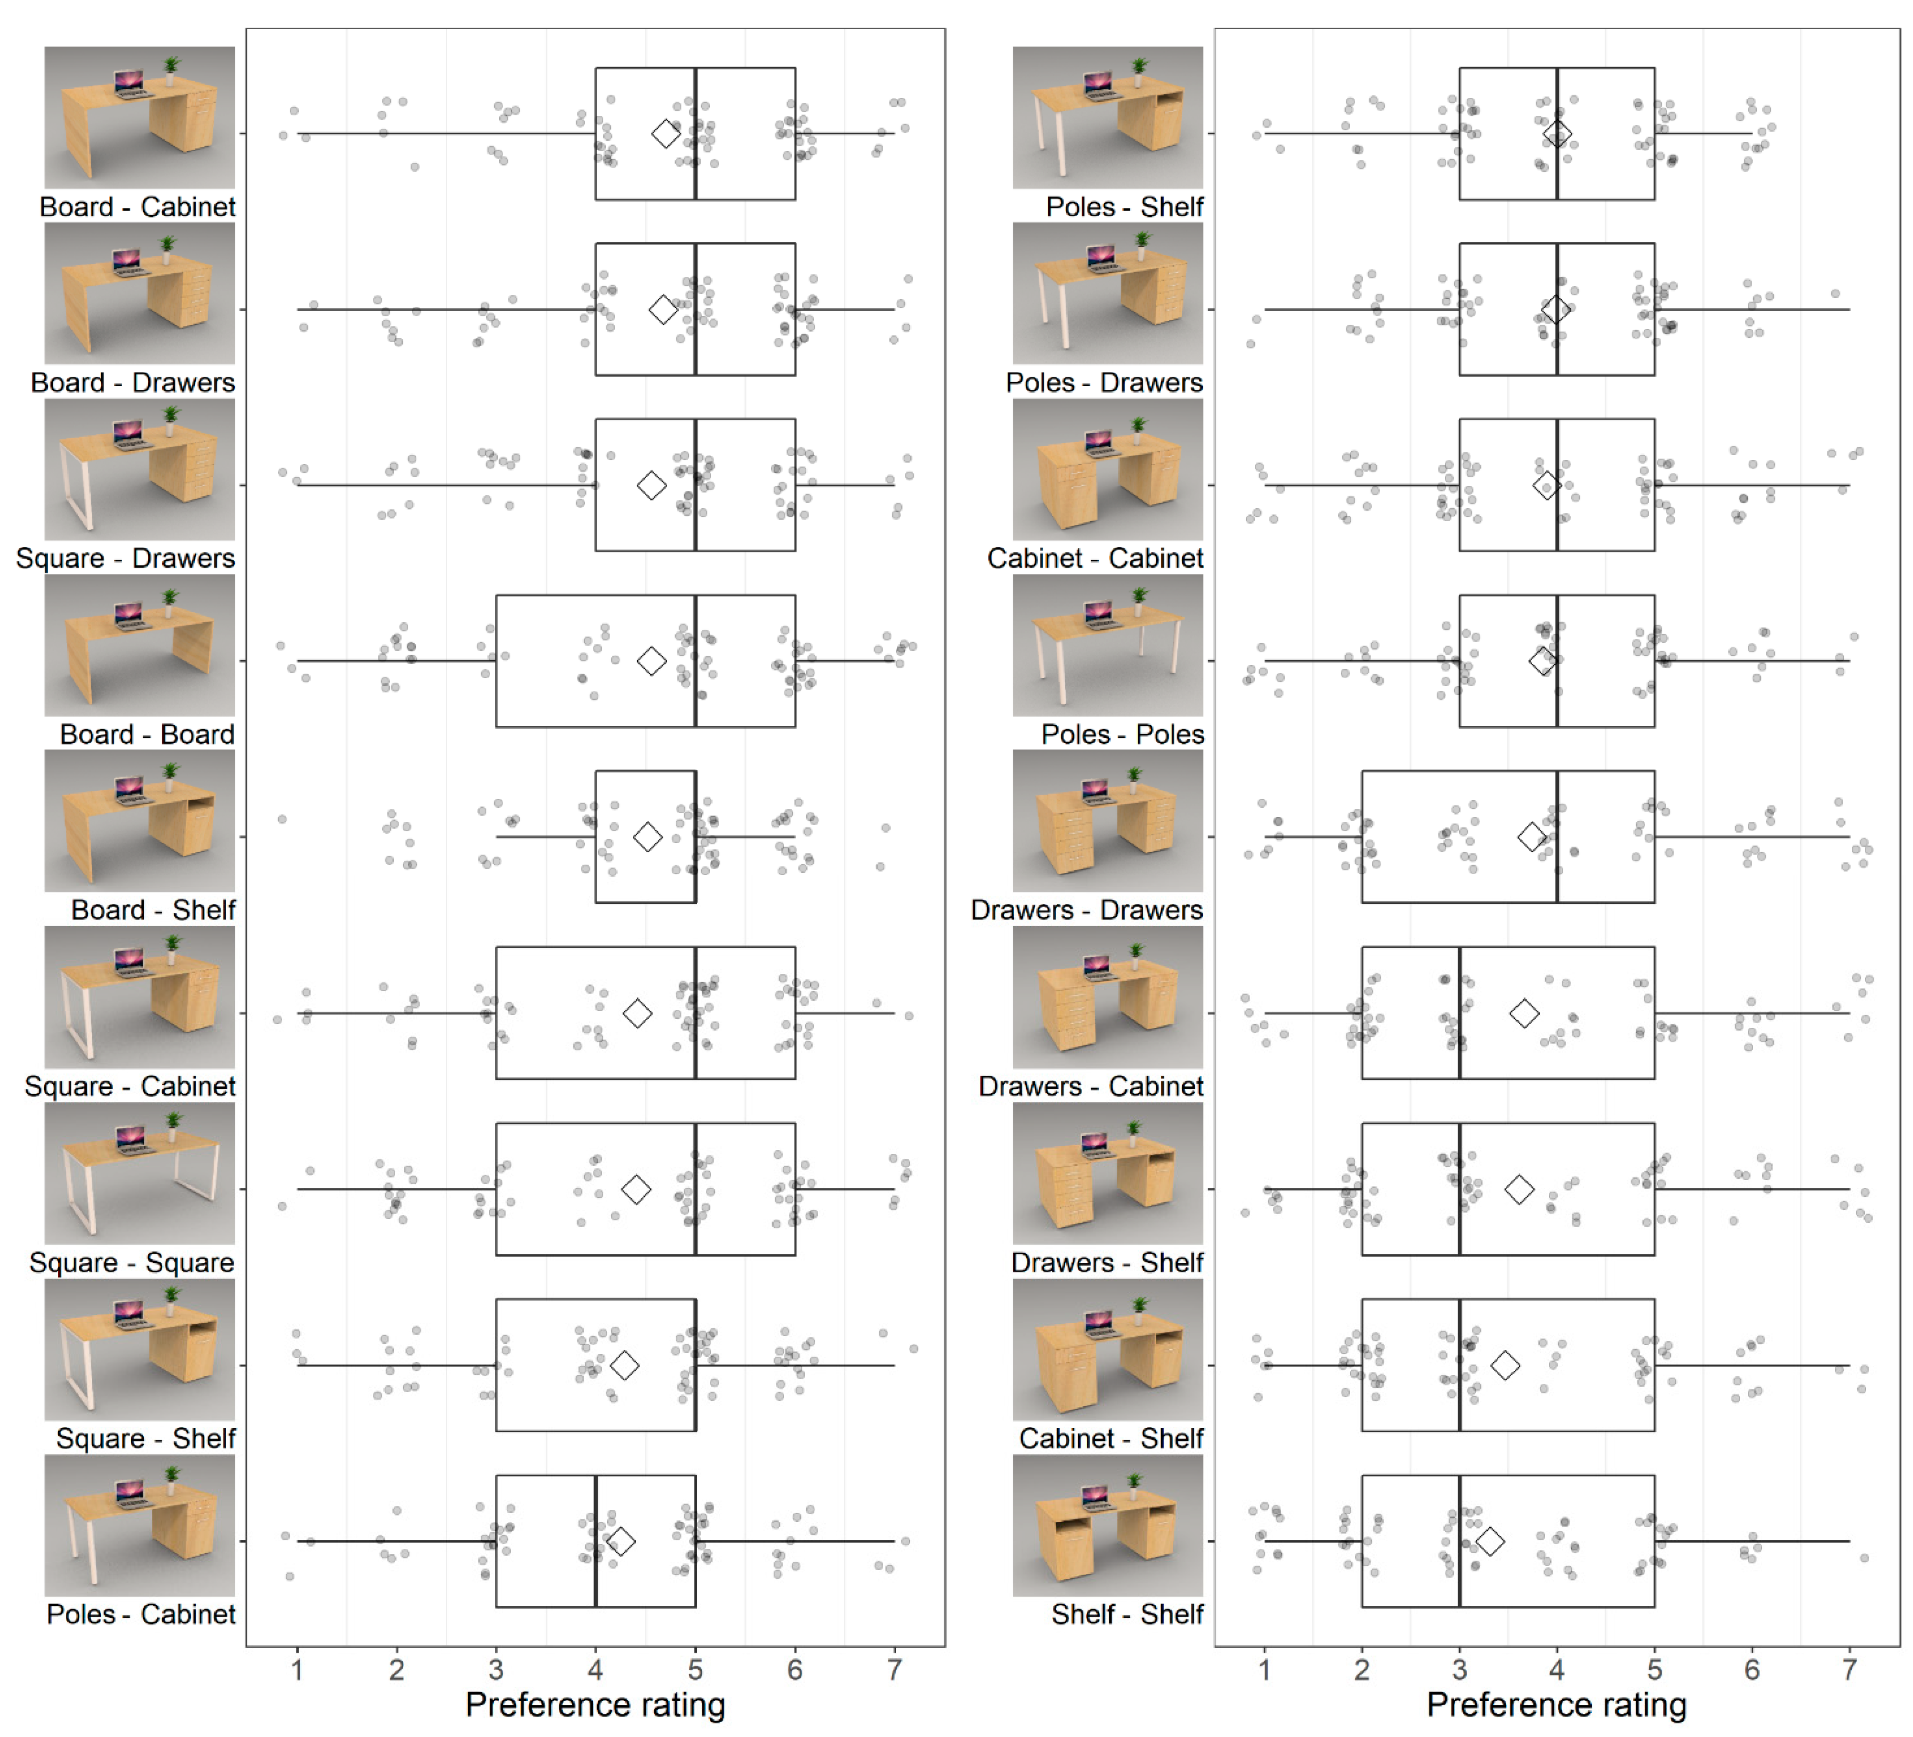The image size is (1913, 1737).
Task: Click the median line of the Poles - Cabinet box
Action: tap(596, 1540)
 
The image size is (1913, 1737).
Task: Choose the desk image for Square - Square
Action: tap(139, 1173)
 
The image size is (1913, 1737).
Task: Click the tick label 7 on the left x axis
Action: tap(894, 1670)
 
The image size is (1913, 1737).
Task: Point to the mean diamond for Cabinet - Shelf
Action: tap(1505, 1365)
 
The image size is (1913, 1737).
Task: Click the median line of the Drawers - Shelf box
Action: tap(1460, 1189)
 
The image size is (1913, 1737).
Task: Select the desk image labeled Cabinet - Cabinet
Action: tap(1107, 470)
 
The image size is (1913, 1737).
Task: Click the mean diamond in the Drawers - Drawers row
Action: tap(1532, 837)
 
